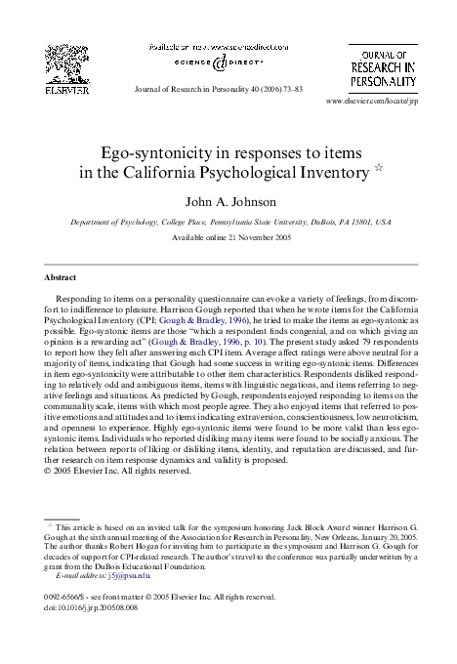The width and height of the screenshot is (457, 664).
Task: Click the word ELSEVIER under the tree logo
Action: [67, 89]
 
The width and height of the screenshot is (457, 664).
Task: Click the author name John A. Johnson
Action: [228, 202]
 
